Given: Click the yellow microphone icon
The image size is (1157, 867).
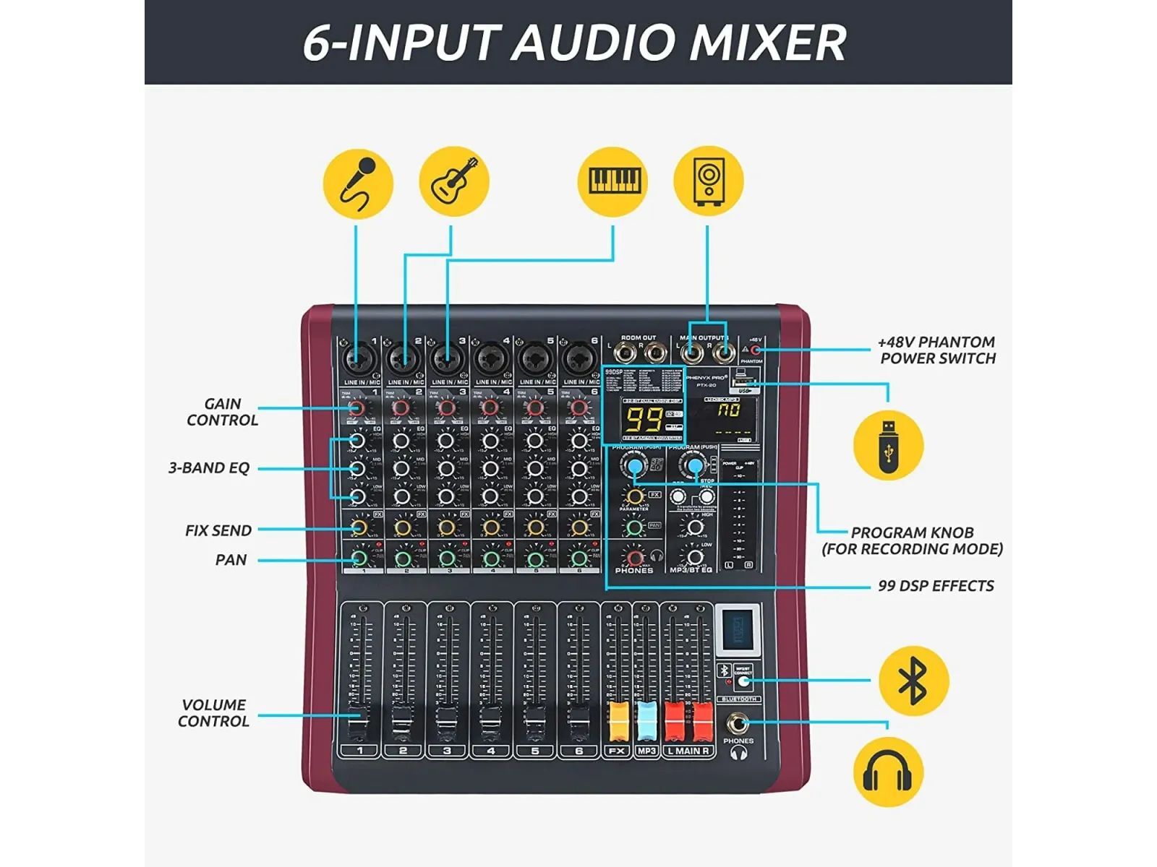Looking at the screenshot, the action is pyautogui.click(x=358, y=184).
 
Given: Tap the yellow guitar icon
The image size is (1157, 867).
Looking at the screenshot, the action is pyautogui.click(x=454, y=181).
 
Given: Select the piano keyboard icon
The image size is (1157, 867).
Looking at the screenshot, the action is pyautogui.click(x=613, y=181).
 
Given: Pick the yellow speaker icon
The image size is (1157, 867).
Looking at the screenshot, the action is pyautogui.click(x=708, y=180).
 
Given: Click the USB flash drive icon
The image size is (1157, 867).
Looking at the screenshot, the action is pyautogui.click(x=888, y=444).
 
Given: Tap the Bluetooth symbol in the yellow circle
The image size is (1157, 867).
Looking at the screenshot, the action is pyautogui.click(x=913, y=681).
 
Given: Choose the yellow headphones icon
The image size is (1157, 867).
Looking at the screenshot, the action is pyautogui.click(x=888, y=772).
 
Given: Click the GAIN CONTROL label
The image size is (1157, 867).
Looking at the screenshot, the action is pyautogui.click(x=222, y=412).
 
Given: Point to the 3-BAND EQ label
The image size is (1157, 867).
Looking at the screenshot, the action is pyautogui.click(x=209, y=468).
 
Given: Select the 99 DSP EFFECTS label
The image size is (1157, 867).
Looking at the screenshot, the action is pyautogui.click(x=936, y=586).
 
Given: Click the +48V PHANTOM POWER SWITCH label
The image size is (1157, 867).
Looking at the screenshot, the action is pyautogui.click(x=937, y=350).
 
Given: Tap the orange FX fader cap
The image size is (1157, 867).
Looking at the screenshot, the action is pyautogui.click(x=618, y=721).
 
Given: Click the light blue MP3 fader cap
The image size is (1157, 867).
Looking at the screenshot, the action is pyautogui.click(x=646, y=721).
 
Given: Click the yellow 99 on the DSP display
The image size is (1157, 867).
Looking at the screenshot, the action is pyautogui.click(x=643, y=420).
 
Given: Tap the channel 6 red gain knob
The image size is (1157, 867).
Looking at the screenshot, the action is pyautogui.click(x=578, y=408).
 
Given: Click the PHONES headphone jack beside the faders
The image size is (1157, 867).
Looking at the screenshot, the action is pyautogui.click(x=738, y=723).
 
